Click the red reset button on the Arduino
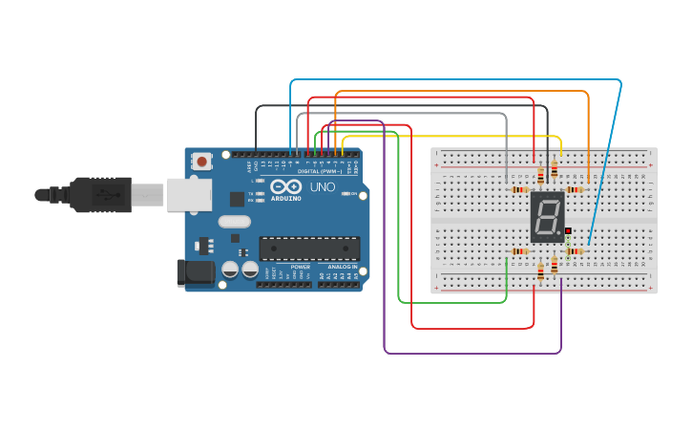tap(201, 162)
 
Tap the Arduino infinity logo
tap(285, 186)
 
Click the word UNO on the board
tap(322, 187)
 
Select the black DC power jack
tap(195, 272)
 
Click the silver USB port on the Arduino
tap(189, 195)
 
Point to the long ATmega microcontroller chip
tap(309, 249)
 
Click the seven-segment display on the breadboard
tap(547, 216)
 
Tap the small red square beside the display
tap(568, 231)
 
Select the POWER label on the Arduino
tap(300, 267)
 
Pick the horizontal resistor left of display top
tap(519, 189)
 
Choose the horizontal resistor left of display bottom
tap(519, 251)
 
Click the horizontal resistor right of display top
tap(575, 189)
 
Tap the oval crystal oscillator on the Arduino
tap(234, 222)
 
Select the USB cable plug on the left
tap(95, 195)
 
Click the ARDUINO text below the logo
tap(285, 198)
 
